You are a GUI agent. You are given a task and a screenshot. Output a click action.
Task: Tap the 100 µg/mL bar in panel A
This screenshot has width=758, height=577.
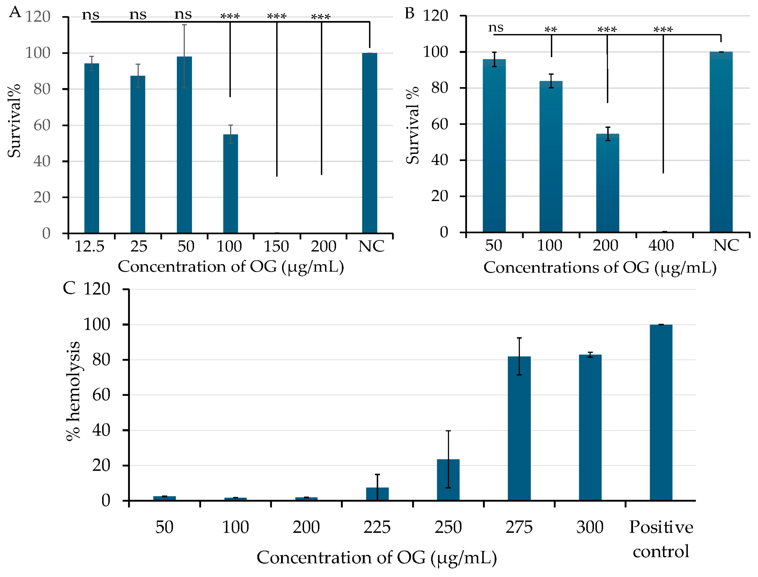(230, 184)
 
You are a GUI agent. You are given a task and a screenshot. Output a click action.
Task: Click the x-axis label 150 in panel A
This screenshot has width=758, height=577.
(276, 246)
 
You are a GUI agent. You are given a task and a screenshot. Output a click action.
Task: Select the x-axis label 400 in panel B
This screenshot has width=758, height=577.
(661, 246)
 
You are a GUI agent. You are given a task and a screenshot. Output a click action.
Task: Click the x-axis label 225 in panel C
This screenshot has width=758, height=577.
(377, 527)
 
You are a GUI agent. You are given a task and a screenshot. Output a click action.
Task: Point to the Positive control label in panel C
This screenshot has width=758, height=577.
(661, 539)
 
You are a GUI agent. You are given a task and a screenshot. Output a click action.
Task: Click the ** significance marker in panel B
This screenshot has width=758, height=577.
(551, 30)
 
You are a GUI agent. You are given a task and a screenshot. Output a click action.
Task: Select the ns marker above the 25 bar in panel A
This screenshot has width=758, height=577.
(138, 15)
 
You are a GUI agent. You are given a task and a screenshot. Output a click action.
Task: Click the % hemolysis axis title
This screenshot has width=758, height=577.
(73, 391)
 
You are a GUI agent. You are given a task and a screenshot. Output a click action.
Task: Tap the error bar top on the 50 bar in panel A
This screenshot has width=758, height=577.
(184, 25)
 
